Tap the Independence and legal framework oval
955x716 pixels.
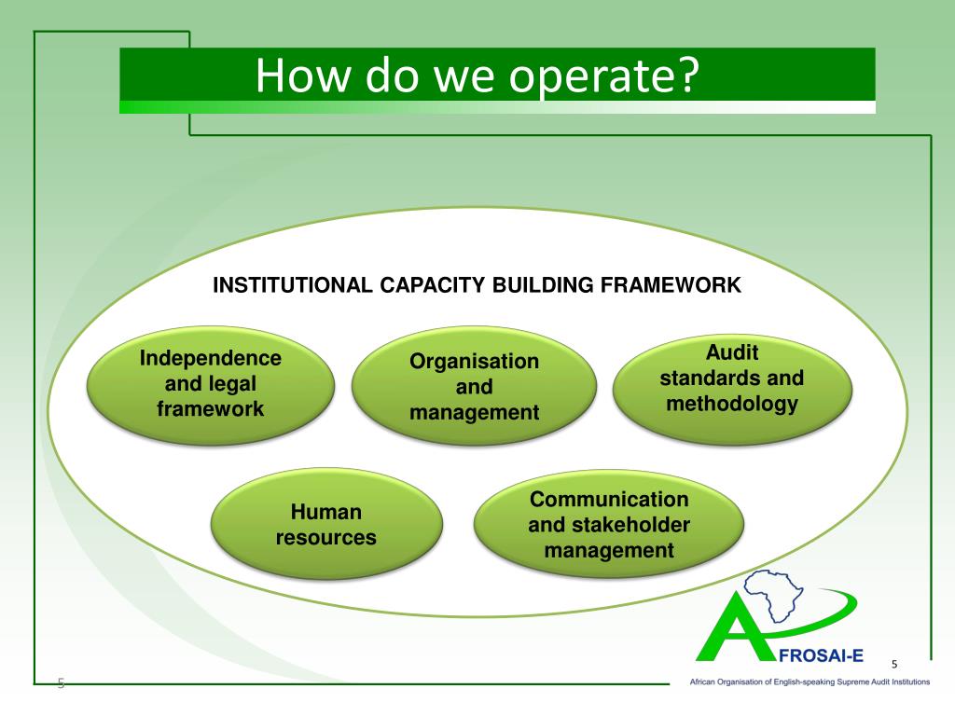210,384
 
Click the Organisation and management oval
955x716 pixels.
474,386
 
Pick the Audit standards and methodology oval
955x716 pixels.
732,379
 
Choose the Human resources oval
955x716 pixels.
325,525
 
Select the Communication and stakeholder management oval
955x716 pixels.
609,525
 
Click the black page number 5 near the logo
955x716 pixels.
894,664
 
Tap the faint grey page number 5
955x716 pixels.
61,683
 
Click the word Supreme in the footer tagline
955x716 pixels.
844,682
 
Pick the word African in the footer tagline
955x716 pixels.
704,682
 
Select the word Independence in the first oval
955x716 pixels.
210,359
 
